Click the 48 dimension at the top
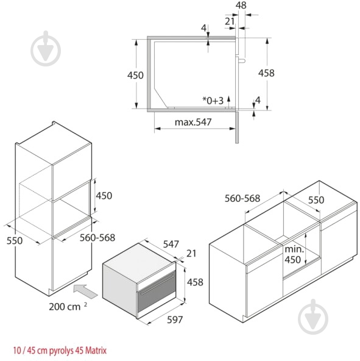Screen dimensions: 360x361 coord(241,5)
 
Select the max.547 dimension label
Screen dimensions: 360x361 coord(193,122)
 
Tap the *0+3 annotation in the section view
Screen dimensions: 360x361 coord(213,101)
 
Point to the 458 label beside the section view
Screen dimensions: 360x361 coord(266,73)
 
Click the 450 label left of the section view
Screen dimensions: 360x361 coord(135,75)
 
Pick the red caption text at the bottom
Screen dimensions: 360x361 coord(60,351)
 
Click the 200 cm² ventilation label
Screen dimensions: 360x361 coord(68,307)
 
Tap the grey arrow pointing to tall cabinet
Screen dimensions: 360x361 coord(85,291)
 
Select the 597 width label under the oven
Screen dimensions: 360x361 coord(175,320)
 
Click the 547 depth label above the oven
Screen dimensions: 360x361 coord(171,244)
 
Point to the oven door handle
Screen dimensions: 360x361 coord(157,285)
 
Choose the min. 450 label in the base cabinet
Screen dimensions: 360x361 coord(294,254)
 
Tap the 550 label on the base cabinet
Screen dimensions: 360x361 coord(316,200)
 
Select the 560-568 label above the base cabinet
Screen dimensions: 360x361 coord(242,198)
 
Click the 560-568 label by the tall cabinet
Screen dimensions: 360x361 coord(97,238)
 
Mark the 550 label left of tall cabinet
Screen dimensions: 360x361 coord(15,241)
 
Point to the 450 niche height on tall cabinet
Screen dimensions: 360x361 coord(104,196)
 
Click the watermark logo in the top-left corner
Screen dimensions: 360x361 coord(46,49)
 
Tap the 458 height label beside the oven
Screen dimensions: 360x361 coord(195,282)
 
